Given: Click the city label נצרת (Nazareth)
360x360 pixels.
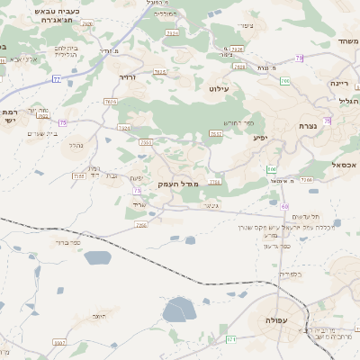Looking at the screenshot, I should (x=309, y=126).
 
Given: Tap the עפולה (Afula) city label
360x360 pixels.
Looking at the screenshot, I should (x=276, y=321).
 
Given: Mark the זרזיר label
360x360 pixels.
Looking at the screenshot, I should (x=127, y=78).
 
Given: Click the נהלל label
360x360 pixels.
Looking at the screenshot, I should (x=76, y=143).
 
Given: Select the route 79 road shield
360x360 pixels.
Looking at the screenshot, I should (x=299, y=58).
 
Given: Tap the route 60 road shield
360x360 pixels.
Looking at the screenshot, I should (x=284, y=207).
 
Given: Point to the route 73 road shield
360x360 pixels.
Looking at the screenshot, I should (x=137, y=190).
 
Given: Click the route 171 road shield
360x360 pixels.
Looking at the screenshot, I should (x=231, y=338).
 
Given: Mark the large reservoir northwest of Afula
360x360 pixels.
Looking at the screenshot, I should (x=180, y=310).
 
